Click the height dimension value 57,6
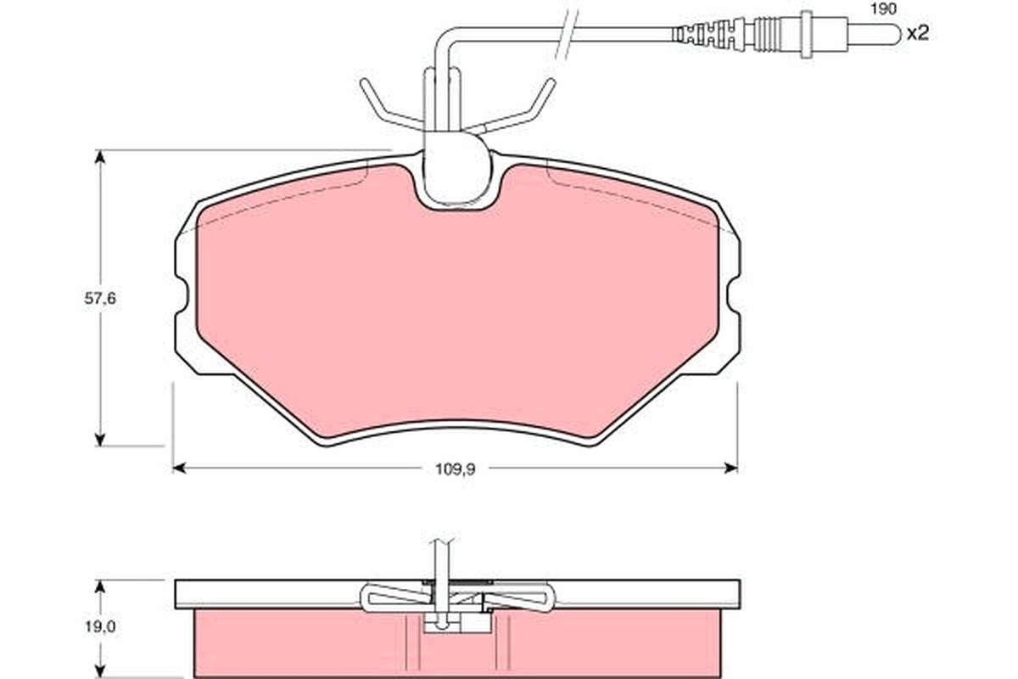tap(100, 299)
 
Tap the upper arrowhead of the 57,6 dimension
tap(100, 158)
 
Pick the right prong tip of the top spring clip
tap(550, 83)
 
